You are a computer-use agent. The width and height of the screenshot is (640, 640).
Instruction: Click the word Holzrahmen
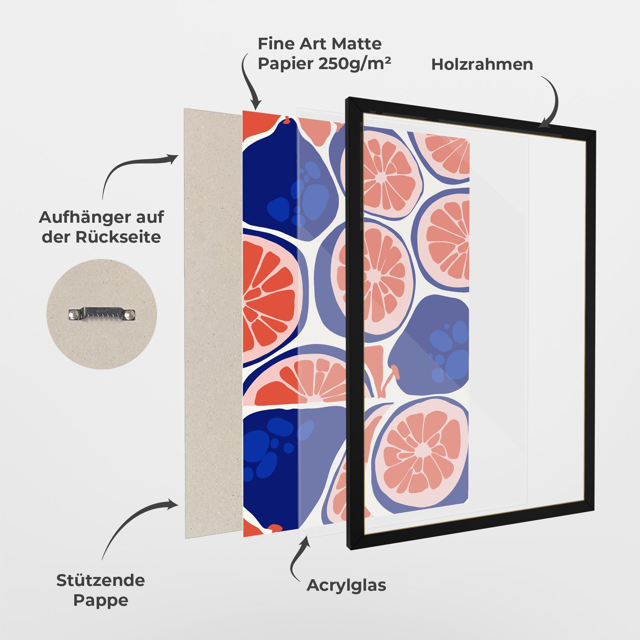click(x=482, y=64)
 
